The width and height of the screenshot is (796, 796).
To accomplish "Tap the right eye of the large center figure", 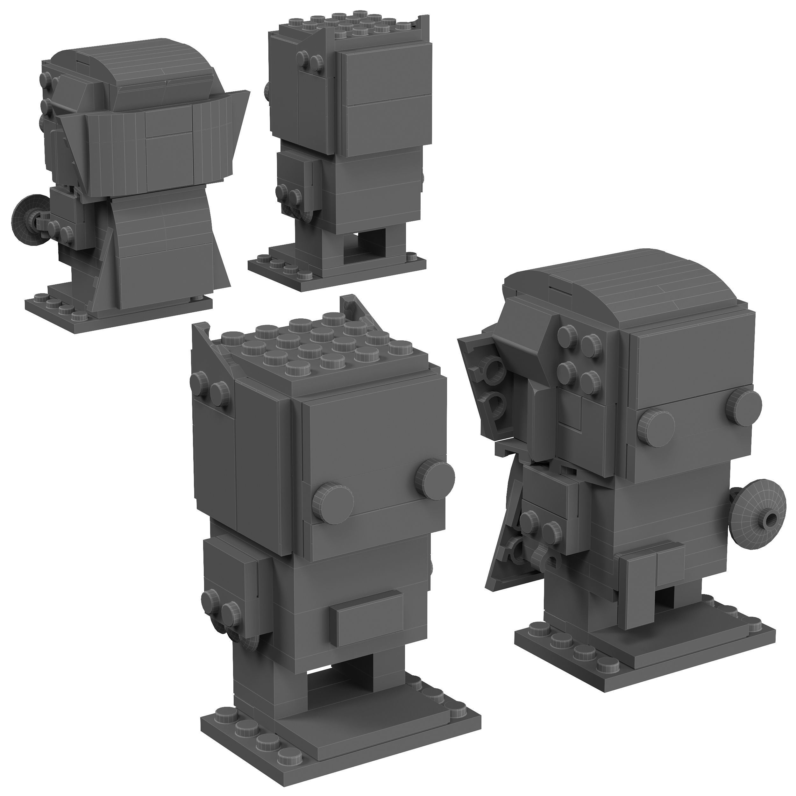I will pos(437,478).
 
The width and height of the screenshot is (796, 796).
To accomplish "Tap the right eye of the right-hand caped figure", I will pos(744,405).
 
